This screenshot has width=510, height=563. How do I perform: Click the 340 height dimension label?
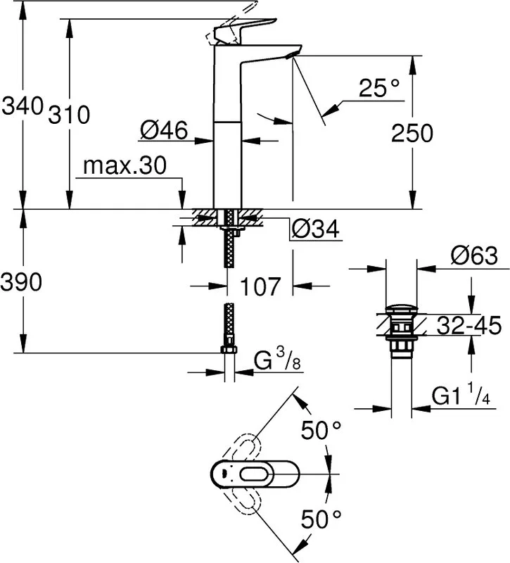point(23,106)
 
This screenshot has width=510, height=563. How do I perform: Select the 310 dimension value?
point(69,115)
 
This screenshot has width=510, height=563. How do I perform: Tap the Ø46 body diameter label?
point(164,130)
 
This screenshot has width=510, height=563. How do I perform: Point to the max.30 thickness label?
point(125,165)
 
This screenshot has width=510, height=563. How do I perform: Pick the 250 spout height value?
point(412,133)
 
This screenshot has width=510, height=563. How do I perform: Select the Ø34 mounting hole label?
point(315,229)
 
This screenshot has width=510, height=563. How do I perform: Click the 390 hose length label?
point(21,282)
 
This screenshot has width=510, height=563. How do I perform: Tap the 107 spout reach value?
point(260,286)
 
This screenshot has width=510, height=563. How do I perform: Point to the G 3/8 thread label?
point(277,360)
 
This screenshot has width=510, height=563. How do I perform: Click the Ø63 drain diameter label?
point(474,255)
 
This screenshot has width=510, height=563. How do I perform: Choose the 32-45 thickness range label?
point(468,326)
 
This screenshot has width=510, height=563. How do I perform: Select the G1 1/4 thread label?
point(461,395)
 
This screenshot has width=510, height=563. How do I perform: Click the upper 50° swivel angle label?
point(321,430)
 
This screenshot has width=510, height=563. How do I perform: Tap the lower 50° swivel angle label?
point(321,519)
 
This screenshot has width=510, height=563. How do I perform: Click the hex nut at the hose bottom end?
point(229,350)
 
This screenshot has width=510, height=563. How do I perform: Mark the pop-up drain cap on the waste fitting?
point(402,309)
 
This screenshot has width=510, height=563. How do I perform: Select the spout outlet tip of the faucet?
point(293,55)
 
